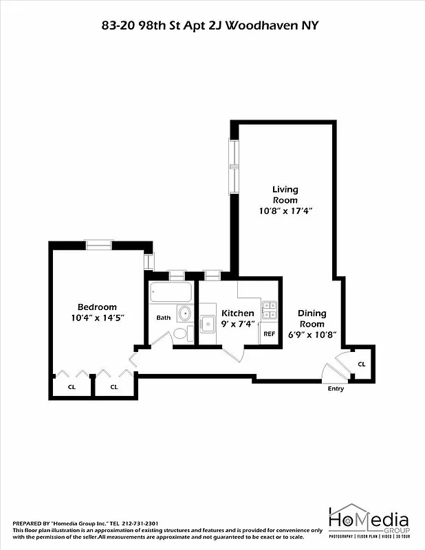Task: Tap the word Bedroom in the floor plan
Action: (x=97, y=307)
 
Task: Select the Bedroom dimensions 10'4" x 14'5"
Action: (x=97, y=318)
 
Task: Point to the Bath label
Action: (x=163, y=318)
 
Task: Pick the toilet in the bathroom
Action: (x=180, y=334)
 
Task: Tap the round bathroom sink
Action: (x=184, y=314)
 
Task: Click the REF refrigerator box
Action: (x=270, y=333)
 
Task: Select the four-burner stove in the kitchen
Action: (x=269, y=310)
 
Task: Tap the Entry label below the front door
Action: (x=336, y=389)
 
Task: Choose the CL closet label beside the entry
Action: (x=362, y=364)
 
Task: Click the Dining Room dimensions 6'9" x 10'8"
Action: (x=312, y=335)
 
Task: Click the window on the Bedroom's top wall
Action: (x=98, y=243)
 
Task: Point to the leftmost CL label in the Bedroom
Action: (x=72, y=387)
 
